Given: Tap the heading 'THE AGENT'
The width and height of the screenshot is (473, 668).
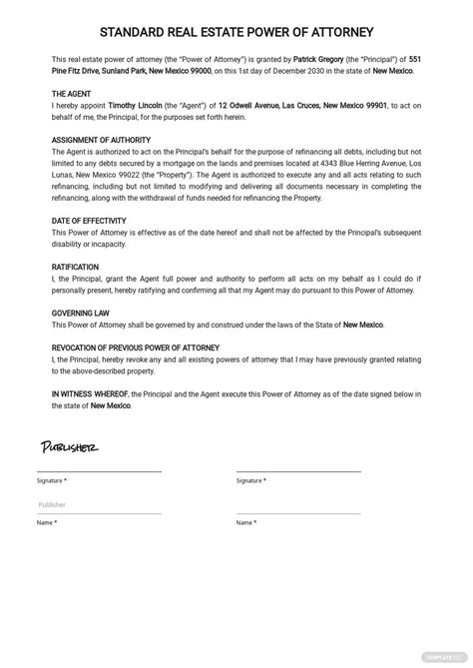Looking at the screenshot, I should click(x=72, y=93).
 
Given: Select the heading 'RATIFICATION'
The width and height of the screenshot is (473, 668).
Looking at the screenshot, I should click(x=75, y=267).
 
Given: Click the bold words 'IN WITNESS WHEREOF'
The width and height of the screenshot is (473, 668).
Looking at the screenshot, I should click(x=95, y=394).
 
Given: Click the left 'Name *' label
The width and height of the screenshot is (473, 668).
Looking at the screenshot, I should click(x=46, y=522).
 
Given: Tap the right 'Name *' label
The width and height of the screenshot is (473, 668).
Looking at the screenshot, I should click(x=245, y=522).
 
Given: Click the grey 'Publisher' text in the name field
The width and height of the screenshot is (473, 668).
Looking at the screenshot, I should click(x=52, y=504).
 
